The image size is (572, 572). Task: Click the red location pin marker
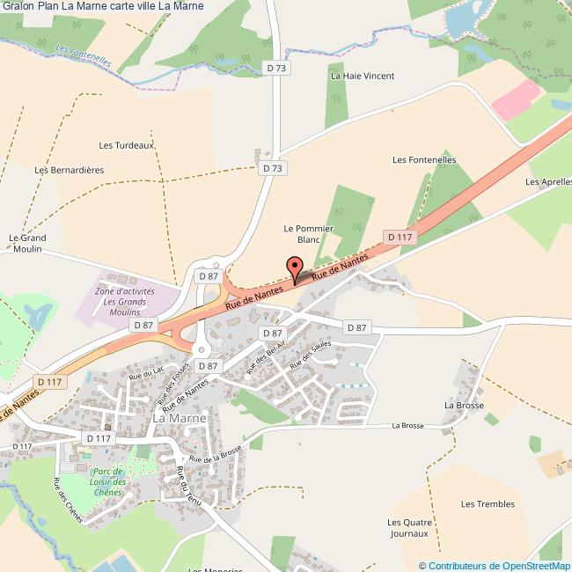295,268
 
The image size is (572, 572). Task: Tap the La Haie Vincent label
362,77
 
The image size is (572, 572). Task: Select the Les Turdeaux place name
127,145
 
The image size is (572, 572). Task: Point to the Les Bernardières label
69,170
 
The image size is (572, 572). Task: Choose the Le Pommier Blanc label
308,233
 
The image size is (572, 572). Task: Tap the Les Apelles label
548,182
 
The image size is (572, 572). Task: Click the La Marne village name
180,419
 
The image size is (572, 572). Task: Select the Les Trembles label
481,504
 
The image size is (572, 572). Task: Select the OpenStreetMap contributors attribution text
494,565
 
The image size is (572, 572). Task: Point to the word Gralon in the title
18,6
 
